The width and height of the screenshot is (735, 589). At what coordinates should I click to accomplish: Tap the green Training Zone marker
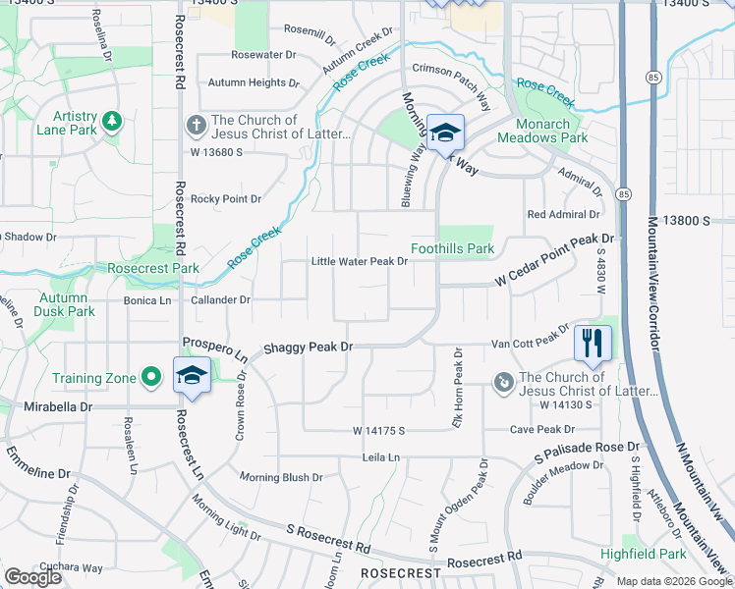click(x=151, y=377)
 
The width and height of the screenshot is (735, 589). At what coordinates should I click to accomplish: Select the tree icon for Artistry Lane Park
click(x=112, y=121)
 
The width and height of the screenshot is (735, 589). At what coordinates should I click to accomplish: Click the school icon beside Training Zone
click(x=193, y=375)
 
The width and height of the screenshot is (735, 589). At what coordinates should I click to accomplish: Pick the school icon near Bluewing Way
click(x=445, y=132)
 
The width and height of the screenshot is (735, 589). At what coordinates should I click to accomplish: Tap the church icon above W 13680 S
click(x=195, y=125)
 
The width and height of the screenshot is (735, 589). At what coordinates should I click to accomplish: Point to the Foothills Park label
click(x=452, y=248)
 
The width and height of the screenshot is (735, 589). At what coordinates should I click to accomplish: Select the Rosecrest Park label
click(x=153, y=268)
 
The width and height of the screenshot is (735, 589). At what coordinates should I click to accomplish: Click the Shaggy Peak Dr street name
click(x=308, y=348)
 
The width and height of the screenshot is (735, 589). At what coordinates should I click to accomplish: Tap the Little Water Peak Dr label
click(x=359, y=261)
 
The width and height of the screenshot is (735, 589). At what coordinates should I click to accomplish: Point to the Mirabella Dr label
click(x=59, y=405)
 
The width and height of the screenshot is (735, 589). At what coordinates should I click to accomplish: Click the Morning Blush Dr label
click(x=282, y=477)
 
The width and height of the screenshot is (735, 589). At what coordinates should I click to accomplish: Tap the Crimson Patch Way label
click(x=452, y=82)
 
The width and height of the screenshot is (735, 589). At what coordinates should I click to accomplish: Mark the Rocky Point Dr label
click(x=226, y=199)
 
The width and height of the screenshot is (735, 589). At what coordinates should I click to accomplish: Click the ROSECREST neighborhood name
click(x=399, y=572)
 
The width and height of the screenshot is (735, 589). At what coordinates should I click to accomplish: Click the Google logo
click(x=33, y=577)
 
